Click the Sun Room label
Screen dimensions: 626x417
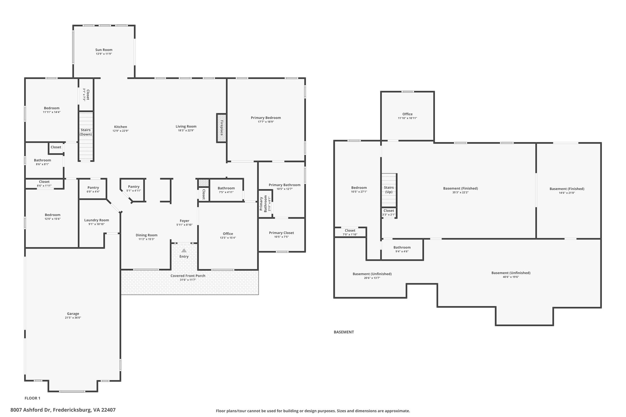click(104, 50)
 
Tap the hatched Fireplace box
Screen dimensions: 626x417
click(222, 128)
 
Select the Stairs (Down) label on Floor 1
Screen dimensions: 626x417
click(86, 132)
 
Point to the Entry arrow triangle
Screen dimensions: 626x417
click(184, 251)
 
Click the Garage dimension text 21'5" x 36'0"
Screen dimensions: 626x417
click(73, 318)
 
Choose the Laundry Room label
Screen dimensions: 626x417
click(97, 220)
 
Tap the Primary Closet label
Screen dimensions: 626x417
click(282, 233)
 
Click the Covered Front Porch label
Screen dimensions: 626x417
click(188, 276)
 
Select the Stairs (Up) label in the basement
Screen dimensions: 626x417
click(389, 190)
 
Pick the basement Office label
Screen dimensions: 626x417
click(407, 114)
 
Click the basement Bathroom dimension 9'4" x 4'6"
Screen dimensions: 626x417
click(402, 251)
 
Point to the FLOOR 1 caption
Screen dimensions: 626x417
click(32, 398)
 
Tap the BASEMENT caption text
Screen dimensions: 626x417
click(344, 332)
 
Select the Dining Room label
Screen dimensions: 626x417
click(147, 235)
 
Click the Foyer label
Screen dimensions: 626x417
click(185, 221)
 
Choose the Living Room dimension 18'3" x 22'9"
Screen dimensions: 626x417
click(186, 130)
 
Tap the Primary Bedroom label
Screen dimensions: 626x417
click(266, 118)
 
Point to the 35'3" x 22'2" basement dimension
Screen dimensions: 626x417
click(461, 192)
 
